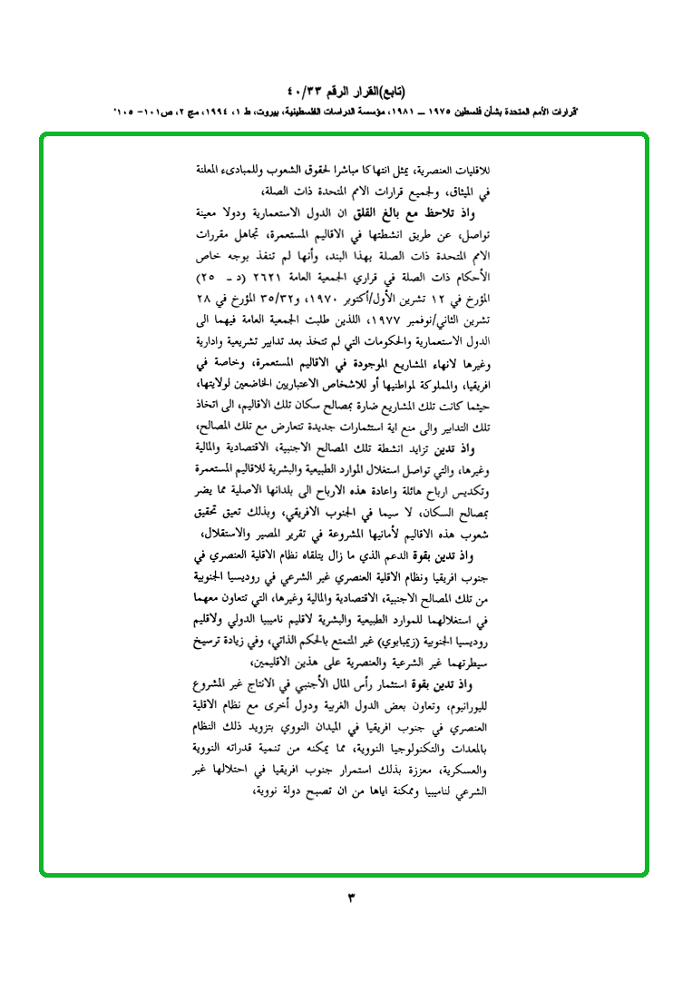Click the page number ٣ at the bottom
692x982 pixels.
[352, 899]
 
